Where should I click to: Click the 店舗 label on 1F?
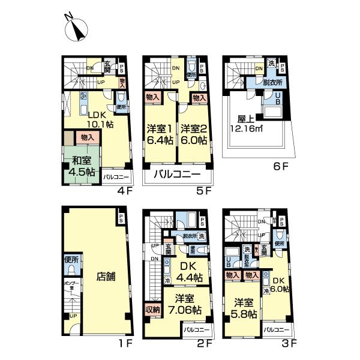coord(106,278)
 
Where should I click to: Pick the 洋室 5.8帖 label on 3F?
coord(243,310)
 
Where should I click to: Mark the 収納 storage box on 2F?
coord(151,311)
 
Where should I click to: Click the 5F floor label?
coord(205,192)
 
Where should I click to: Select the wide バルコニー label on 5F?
coord(177,175)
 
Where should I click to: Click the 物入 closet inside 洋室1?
coord(152,97)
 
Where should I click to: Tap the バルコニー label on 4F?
coord(116,177)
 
